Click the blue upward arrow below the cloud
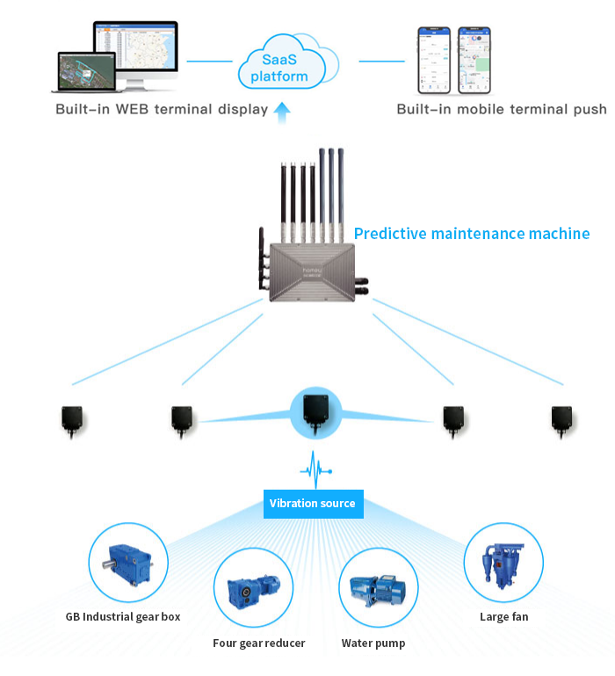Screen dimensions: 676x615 click(281, 113)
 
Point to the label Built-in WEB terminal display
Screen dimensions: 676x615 click(161, 110)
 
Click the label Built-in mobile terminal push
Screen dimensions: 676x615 click(501, 110)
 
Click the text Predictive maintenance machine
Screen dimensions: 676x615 click(471, 234)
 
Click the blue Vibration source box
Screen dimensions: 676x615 click(312, 503)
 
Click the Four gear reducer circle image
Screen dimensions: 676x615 click(254, 588)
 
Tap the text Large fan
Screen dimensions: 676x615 click(503, 616)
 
